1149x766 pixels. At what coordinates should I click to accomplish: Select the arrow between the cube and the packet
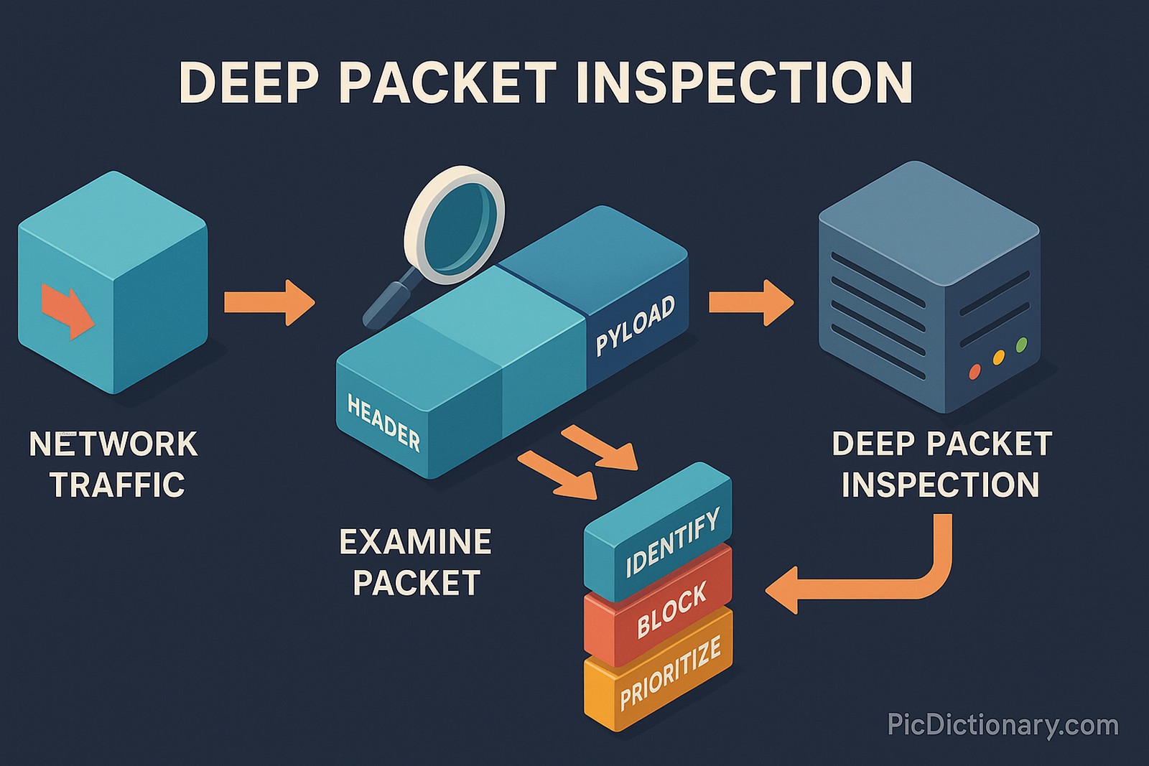coord(270,302)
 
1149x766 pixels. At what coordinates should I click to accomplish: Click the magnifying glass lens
coord(457,222)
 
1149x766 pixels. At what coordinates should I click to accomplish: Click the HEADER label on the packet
coord(383,423)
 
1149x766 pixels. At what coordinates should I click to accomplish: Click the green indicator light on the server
coord(1022,344)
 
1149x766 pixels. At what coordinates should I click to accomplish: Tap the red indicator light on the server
coord(974,371)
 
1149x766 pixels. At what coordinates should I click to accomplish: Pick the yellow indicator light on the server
coord(998,357)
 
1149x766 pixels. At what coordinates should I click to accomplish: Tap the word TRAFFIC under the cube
coord(118,485)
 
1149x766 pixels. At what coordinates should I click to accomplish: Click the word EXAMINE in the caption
coord(415,542)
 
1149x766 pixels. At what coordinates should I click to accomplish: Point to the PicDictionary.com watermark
coord(1003,724)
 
